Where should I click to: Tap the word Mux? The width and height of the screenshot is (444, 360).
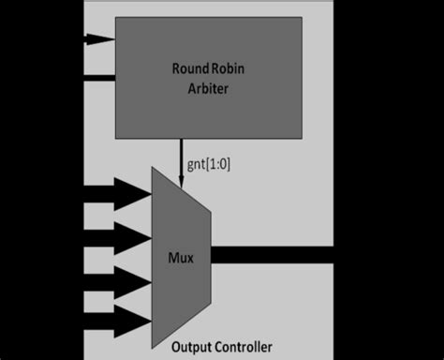181,254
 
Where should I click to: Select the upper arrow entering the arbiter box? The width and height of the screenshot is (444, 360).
98,39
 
